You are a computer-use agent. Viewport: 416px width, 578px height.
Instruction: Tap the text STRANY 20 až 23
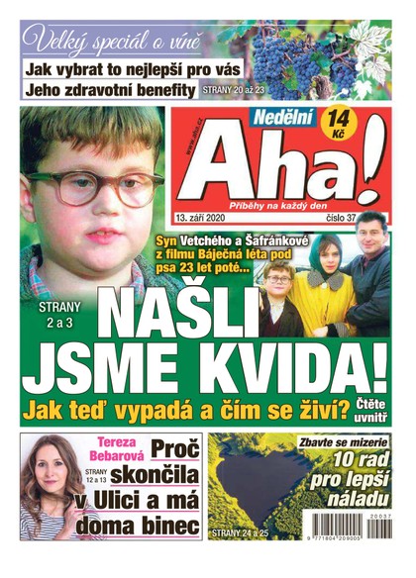tap(234, 90)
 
